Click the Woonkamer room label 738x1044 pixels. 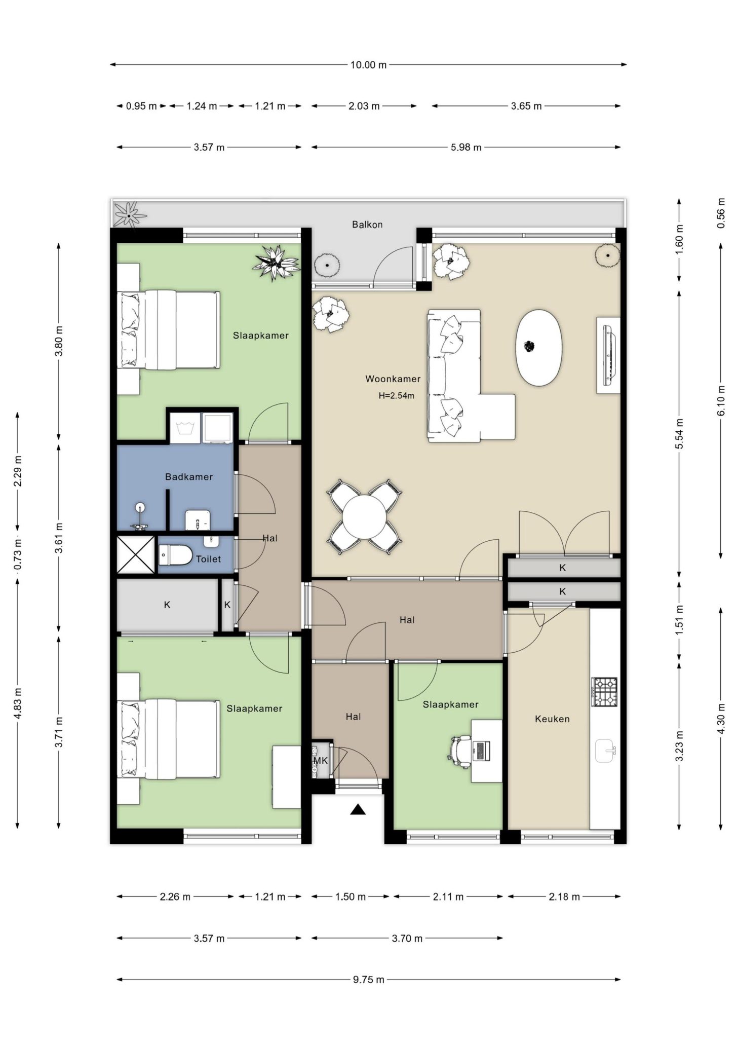(393, 379)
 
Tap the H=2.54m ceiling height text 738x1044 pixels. (397, 396)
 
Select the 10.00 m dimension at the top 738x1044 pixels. (368, 65)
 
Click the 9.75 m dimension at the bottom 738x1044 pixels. (368, 979)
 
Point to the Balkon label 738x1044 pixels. (367, 225)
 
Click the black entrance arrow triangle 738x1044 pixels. (358, 810)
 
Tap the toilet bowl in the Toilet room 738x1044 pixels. (174, 555)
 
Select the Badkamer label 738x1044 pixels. (189, 477)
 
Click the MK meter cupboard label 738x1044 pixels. (321, 760)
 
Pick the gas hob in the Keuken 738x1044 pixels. (604, 692)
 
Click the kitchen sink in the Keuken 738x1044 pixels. (606, 751)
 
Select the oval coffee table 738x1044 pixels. (539, 348)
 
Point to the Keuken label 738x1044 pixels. (552, 719)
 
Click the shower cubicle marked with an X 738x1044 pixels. (136, 554)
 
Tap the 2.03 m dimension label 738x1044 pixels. (364, 106)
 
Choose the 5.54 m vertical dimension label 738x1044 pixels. (680, 433)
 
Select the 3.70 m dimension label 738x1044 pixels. (407, 938)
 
